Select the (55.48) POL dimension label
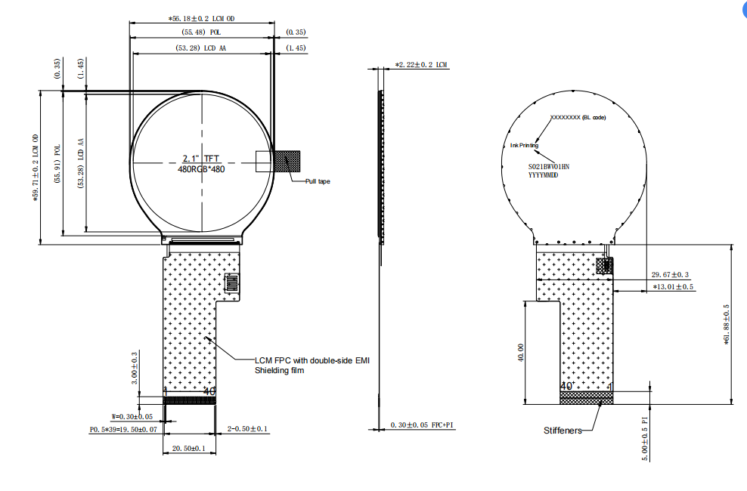(x=201, y=32)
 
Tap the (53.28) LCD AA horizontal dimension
(x=201, y=48)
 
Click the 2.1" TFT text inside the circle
(x=201, y=159)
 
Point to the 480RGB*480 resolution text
(x=201, y=169)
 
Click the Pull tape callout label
(x=318, y=181)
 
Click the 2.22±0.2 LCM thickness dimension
(x=421, y=66)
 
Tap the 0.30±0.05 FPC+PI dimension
(x=422, y=425)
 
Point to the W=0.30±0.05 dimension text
(x=132, y=416)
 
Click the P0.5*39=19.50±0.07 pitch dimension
(x=124, y=429)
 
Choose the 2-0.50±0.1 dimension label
(x=248, y=429)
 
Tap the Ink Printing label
(x=524, y=144)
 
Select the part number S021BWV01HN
(x=548, y=165)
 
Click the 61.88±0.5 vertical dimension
(x=727, y=324)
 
